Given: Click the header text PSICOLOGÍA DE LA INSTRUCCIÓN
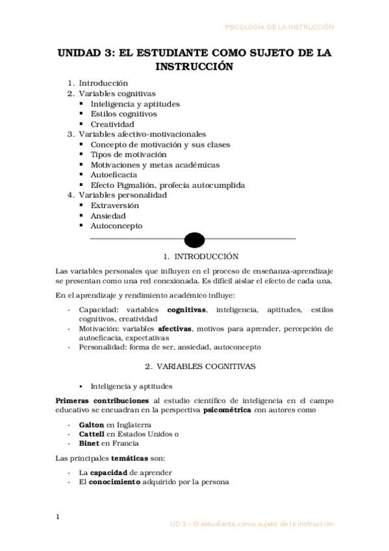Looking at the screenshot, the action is click(279, 27).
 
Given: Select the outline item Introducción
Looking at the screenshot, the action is click(103, 83).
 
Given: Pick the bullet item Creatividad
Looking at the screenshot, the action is click(112, 124).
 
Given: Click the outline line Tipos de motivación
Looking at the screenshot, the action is click(129, 155).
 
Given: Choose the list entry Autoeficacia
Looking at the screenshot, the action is click(114, 175).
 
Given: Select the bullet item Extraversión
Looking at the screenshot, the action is click(115, 205).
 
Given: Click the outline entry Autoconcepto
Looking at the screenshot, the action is click(116, 226).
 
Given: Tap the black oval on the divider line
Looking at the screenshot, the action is click(194, 240).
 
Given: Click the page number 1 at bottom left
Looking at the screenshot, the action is click(57, 517).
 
